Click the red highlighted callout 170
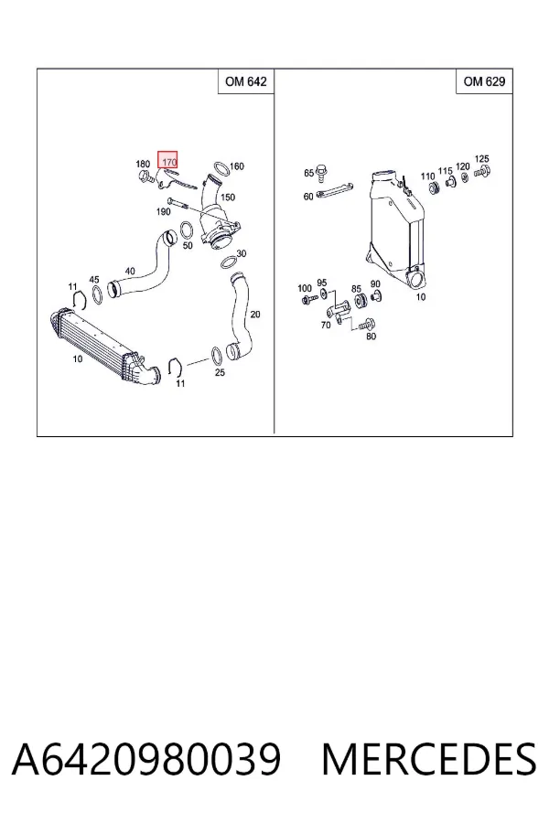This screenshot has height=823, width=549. coord(167,160)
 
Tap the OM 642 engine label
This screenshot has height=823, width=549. coord(246,81)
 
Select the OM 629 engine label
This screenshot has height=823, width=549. coord(484,81)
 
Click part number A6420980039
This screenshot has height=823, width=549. coord(146,759)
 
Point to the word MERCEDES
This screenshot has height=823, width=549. coord(429,759)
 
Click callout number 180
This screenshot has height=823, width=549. coord(143,165)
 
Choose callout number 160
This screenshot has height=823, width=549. coord(237,166)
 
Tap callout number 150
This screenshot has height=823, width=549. coord(228,198)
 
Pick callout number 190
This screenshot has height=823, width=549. coord(164,211)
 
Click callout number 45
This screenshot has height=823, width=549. coord(94,281)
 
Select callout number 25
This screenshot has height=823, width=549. coord(220,373)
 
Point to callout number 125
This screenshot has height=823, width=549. coord(482,158)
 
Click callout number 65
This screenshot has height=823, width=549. coord(308,173)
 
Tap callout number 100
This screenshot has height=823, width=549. coord(305,288)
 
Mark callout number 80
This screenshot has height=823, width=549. coord(371,337)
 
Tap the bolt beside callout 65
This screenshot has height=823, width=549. coord(321,171)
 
